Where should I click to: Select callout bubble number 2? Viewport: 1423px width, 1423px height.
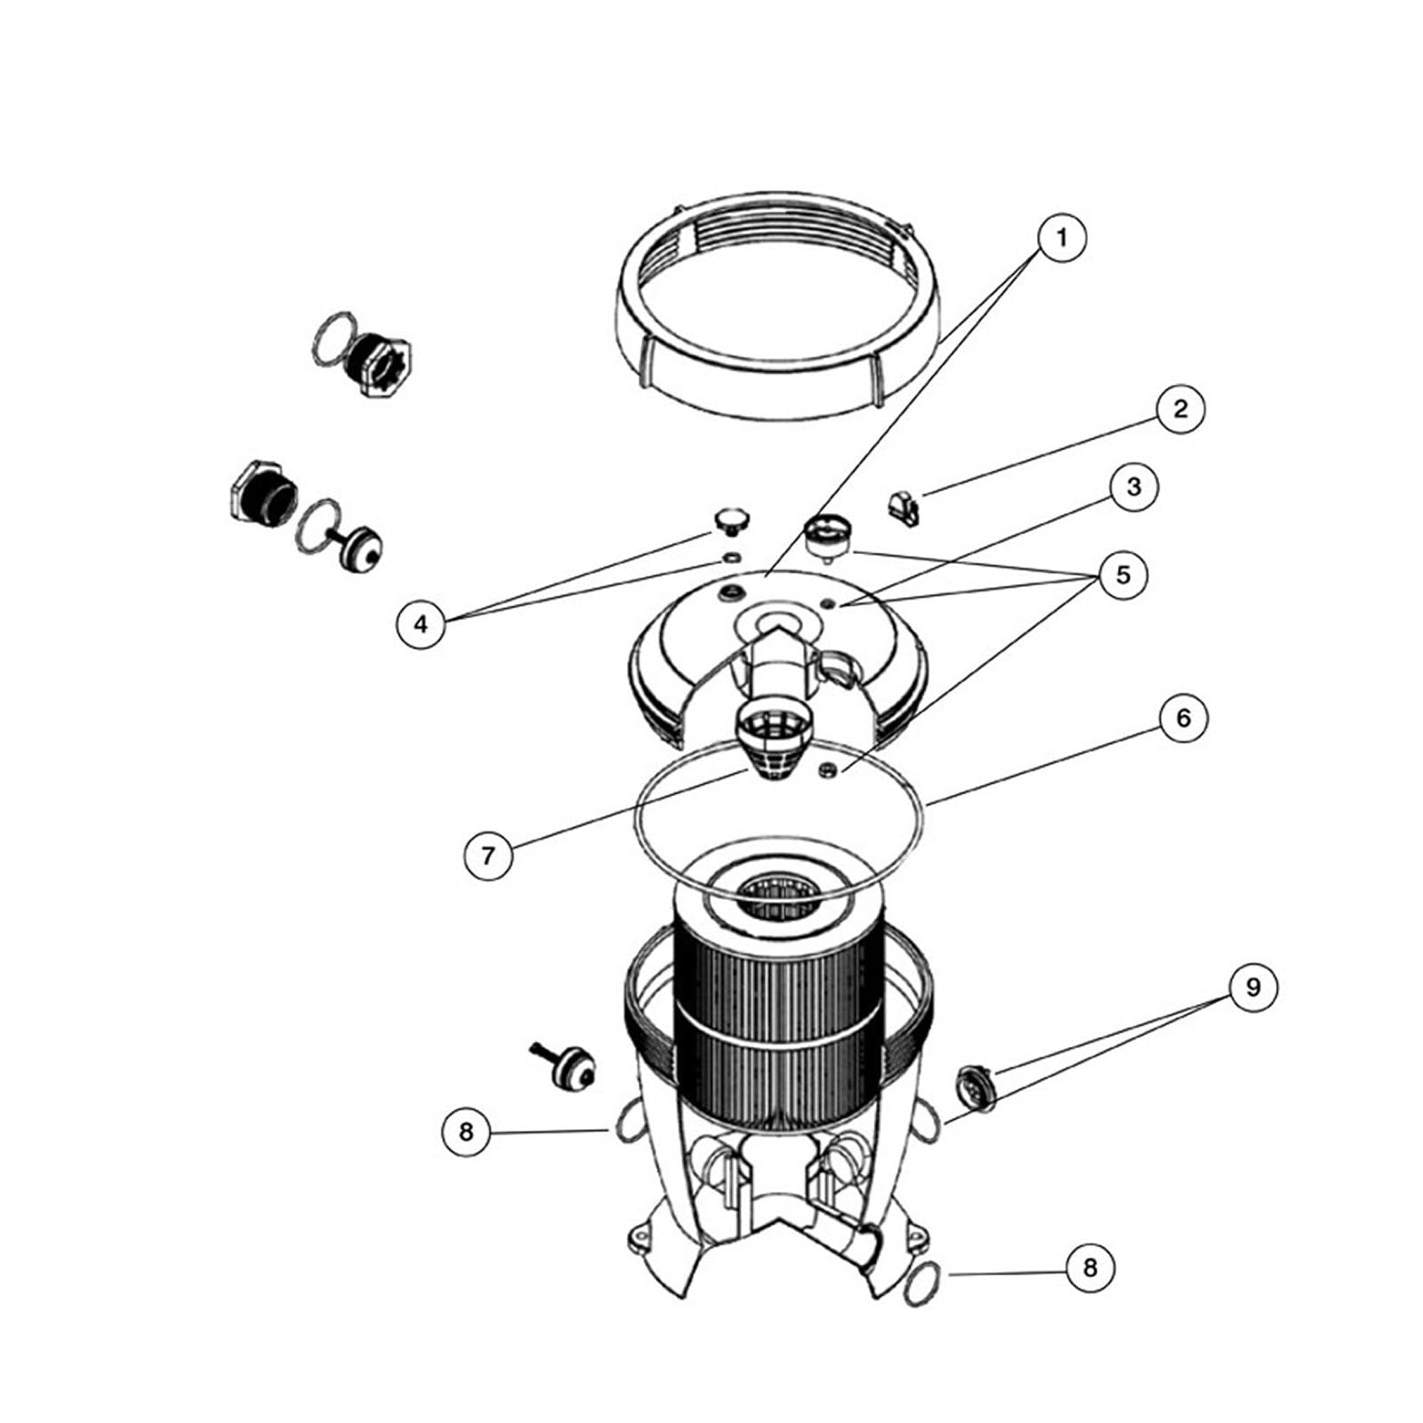(1180, 409)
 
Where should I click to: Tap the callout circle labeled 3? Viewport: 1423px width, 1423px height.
(1133, 487)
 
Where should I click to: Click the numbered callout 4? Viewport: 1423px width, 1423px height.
(421, 623)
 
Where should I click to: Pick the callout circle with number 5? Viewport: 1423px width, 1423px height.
(1123, 575)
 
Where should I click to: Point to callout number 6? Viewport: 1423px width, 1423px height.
(1183, 718)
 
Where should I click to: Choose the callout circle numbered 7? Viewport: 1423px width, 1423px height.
(487, 856)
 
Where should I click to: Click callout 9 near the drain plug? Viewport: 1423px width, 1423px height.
(1253, 987)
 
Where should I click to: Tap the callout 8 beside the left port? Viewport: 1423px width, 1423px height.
(466, 1131)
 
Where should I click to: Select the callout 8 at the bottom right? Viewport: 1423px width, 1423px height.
(1090, 1266)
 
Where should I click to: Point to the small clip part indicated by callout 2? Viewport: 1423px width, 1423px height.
(903, 509)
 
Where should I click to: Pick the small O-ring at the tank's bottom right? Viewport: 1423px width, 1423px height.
(921, 1287)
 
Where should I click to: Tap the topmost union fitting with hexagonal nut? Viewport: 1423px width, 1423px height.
(372, 354)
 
